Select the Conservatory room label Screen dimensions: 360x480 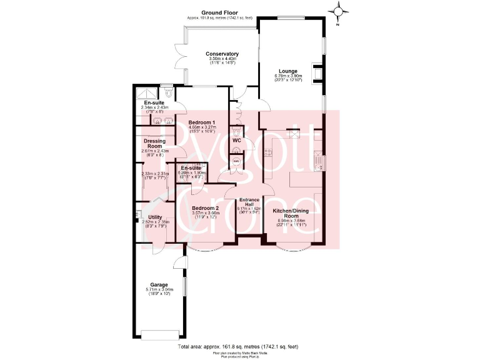(x=222, y=54)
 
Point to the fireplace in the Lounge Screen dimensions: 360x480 (x=319, y=73)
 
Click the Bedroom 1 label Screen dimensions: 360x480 (x=203, y=122)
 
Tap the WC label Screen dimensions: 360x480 (x=237, y=141)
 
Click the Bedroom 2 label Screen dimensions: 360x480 (x=205, y=208)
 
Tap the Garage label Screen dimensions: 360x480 (x=158, y=285)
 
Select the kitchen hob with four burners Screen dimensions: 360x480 (x=292, y=134)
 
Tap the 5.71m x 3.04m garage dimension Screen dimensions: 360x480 (x=158, y=290)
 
